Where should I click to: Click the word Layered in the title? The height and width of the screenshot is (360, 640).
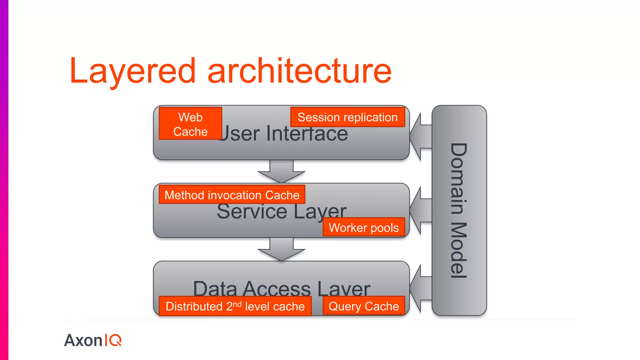pos(132,71)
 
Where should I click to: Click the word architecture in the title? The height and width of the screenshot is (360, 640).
pos(299,71)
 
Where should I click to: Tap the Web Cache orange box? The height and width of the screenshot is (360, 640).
pos(190,124)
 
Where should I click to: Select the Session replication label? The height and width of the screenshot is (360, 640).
pos(347,117)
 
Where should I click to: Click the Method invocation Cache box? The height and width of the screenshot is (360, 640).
pos(232,195)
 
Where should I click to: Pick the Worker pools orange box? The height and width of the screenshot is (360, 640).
pos(364,227)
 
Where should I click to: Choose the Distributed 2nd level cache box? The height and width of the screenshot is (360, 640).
pos(235,306)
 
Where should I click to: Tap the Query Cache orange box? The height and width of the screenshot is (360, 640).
pos(364,306)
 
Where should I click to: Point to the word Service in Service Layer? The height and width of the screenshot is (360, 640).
pos(252,212)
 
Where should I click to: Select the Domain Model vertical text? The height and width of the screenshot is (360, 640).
pos(459,210)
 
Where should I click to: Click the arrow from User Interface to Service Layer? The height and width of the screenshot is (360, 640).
pos(281,172)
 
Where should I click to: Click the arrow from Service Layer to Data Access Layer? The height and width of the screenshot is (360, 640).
pos(281,250)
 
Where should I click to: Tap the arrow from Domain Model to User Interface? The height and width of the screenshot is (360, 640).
pos(421,137)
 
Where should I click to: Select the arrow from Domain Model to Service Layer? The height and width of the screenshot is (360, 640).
pos(421,210)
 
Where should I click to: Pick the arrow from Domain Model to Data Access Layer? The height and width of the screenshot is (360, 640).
pos(421,288)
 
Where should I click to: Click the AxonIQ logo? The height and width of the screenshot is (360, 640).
pos(93,340)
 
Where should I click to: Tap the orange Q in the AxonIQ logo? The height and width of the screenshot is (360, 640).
pos(115,340)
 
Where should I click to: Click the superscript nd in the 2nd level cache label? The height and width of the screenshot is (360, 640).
pos(237,304)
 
